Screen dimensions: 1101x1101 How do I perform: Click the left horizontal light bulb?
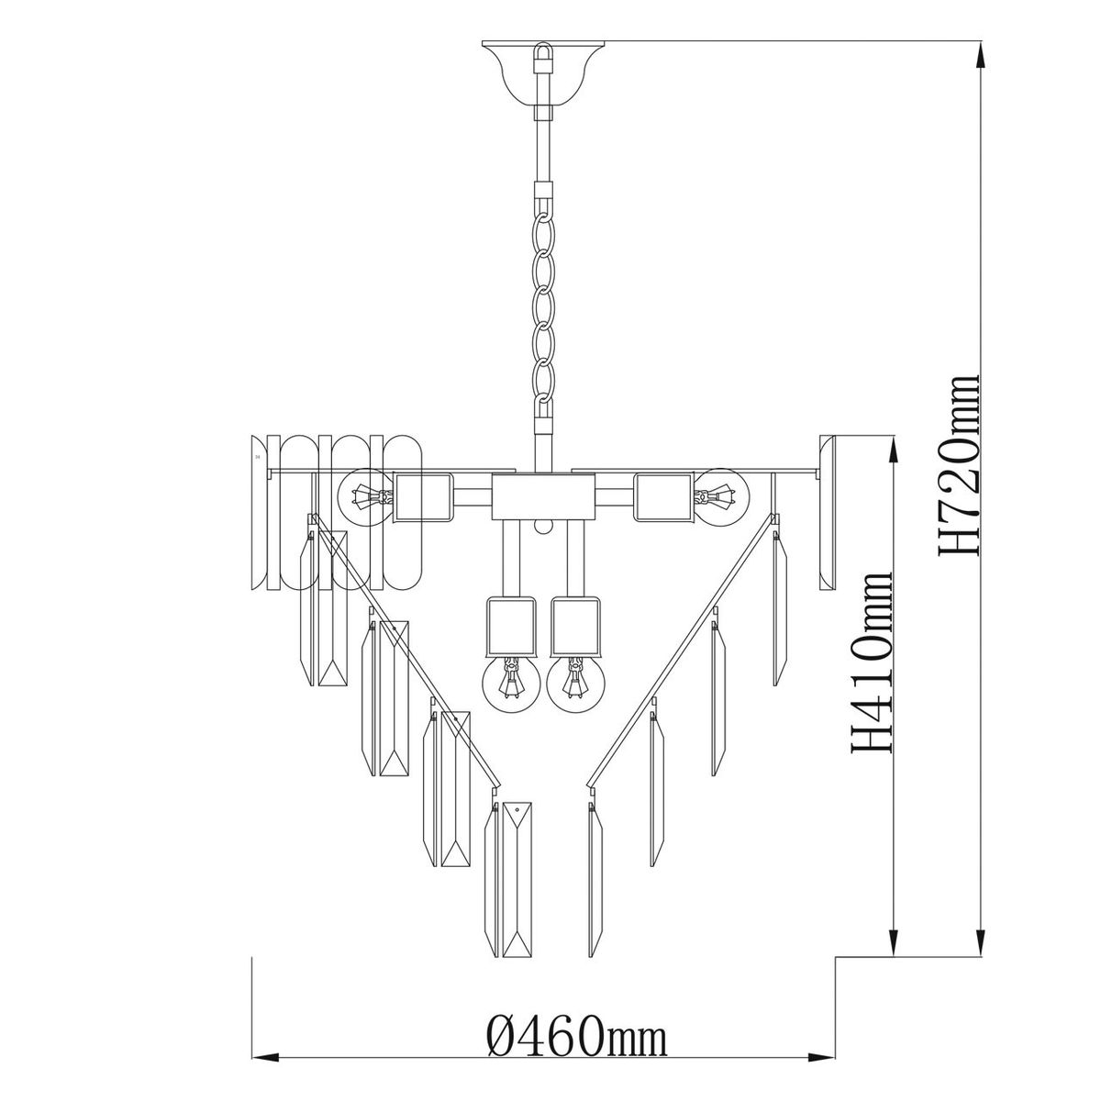(366, 497)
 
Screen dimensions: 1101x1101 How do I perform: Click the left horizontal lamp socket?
(423, 497)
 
